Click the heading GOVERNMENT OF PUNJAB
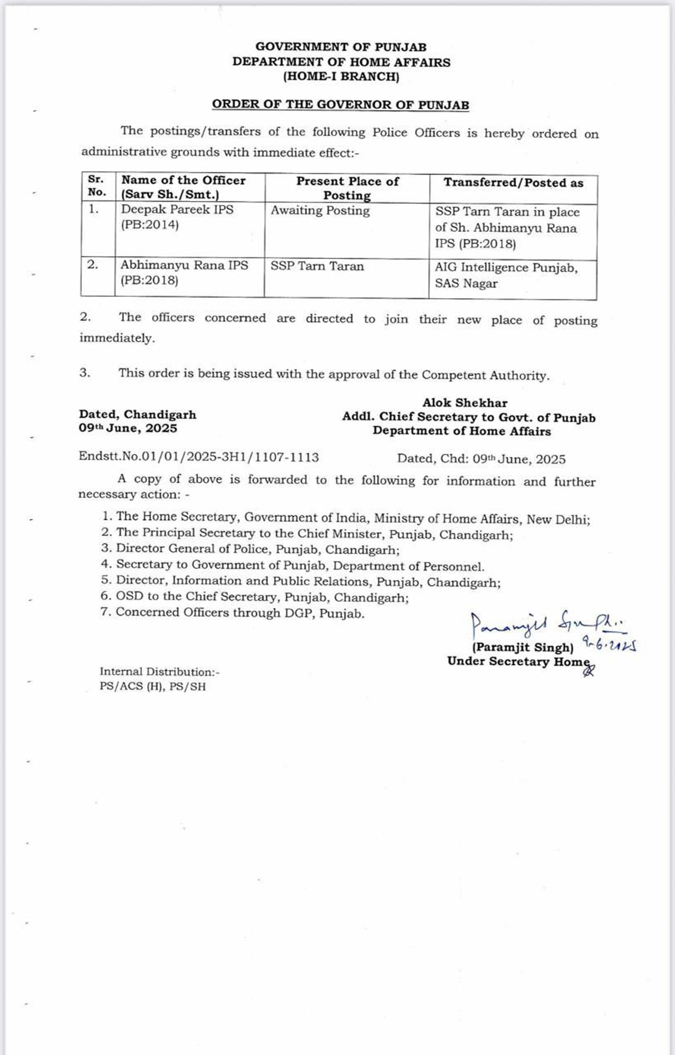(x=341, y=47)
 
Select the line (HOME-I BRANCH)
(x=341, y=76)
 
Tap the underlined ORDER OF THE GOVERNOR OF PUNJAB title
(x=341, y=104)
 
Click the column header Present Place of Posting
(x=347, y=188)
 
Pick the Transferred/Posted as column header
(x=513, y=183)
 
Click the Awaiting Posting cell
(x=320, y=210)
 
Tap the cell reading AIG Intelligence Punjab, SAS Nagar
(x=506, y=275)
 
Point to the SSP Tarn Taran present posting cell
(x=317, y=266)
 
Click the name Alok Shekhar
(x=465, y=403)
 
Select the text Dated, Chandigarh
(x=138, y=415)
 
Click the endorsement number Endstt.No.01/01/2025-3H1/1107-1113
(x=199, y=457)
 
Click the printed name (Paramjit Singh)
(x=523, y=648)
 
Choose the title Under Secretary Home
(x=518, y=661)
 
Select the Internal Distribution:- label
(x=159, y=672)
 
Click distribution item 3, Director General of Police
(x=250, y=549)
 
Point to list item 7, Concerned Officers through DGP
(x=233, y=613)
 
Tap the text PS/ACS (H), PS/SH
(x=153, y=687)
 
